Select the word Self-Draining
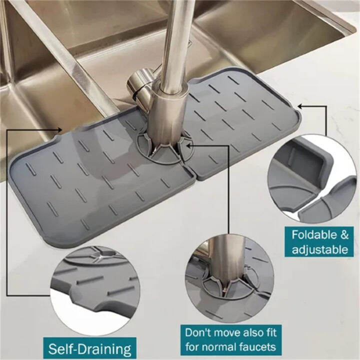(x=90, y=348)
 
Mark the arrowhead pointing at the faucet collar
(x=186, y=145)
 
